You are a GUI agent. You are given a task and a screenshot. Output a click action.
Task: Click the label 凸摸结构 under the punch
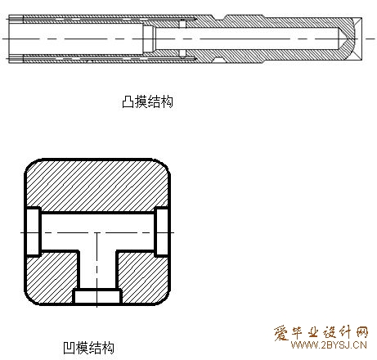(147, 101)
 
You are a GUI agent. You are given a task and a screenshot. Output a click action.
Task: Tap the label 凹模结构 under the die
(88, 348)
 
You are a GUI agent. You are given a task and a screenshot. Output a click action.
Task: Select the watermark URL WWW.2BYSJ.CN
(329, 345)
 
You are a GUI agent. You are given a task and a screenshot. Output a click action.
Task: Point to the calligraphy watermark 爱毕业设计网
(321, 332)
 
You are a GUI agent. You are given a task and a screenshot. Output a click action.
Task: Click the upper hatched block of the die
(97, 186)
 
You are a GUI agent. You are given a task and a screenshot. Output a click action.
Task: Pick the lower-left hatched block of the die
(52, 277)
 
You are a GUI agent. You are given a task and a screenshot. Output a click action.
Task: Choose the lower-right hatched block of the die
(143, 277)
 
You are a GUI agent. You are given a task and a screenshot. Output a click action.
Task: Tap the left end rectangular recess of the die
(33, 232)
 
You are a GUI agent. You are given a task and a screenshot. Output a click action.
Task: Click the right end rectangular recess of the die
(162, 232)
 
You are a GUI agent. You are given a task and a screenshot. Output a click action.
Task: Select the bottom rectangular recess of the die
(97, 296)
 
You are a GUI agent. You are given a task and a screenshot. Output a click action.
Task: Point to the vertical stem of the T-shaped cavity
(97, 270)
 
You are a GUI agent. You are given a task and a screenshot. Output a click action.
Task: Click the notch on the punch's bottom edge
(219, 60)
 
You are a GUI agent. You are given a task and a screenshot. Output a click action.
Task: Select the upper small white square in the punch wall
(182, 25)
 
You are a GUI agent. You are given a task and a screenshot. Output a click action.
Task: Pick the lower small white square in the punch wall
(182, 53)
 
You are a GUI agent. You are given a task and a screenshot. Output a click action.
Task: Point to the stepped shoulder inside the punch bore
(149, 38)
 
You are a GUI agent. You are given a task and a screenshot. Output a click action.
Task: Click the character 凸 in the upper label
(128, 102)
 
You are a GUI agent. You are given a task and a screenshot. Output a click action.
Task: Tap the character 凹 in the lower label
(69, 348)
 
